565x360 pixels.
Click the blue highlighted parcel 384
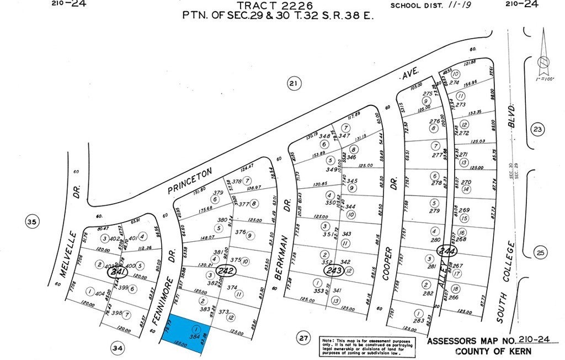point(188,331)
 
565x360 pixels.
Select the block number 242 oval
point(226,271)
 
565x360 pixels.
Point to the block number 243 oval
point(333,271)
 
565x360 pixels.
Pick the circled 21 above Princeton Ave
point(294,84)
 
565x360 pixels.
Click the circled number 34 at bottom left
point(118,348)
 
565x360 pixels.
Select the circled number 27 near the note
point(302,337)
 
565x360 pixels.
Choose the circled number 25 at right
point(540,253)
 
